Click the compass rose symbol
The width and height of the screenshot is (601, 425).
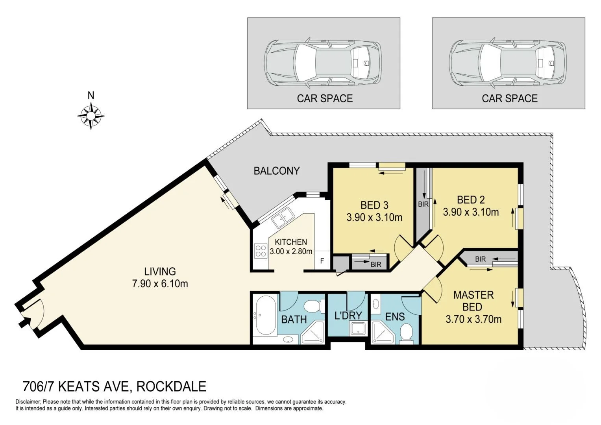[x=91, y=116]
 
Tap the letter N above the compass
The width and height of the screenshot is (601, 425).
[x=91, y=96]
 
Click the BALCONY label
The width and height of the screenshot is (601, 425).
[x=276, y=171]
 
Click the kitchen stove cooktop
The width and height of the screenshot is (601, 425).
[x=261, y=251]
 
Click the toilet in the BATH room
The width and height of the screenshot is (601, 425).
[x=314, y=305]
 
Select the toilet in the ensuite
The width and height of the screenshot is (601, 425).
[x=405, y=334]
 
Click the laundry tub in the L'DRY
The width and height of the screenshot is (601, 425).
[x=358, y=329]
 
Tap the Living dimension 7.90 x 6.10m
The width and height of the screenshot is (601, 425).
[x=160, y=283]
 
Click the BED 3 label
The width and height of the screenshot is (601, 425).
[x=374, y=205]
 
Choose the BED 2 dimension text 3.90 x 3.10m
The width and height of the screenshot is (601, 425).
[x=471, y=212]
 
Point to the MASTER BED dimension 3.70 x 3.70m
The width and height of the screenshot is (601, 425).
[x=473, y=319]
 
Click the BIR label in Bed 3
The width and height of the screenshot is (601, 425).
[x=375, y=265]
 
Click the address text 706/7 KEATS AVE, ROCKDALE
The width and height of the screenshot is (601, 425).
[x=115, y=386]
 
